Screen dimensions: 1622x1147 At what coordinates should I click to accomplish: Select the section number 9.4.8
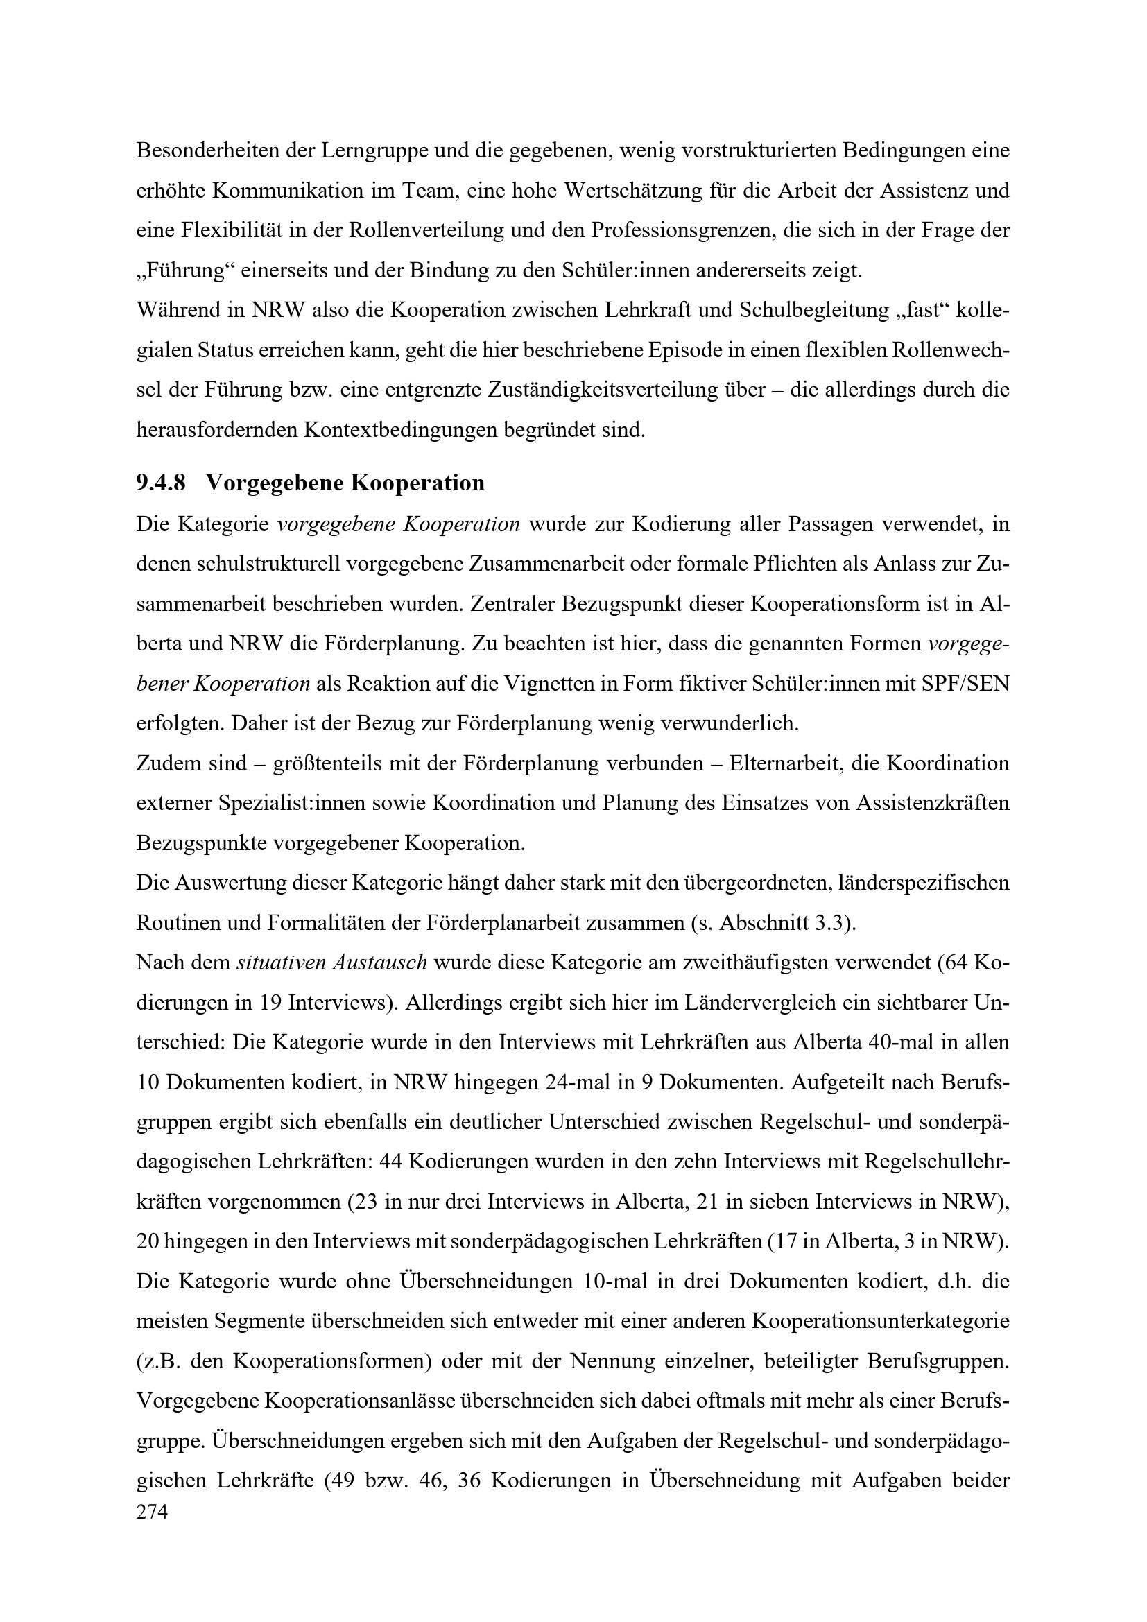[160, 483]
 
